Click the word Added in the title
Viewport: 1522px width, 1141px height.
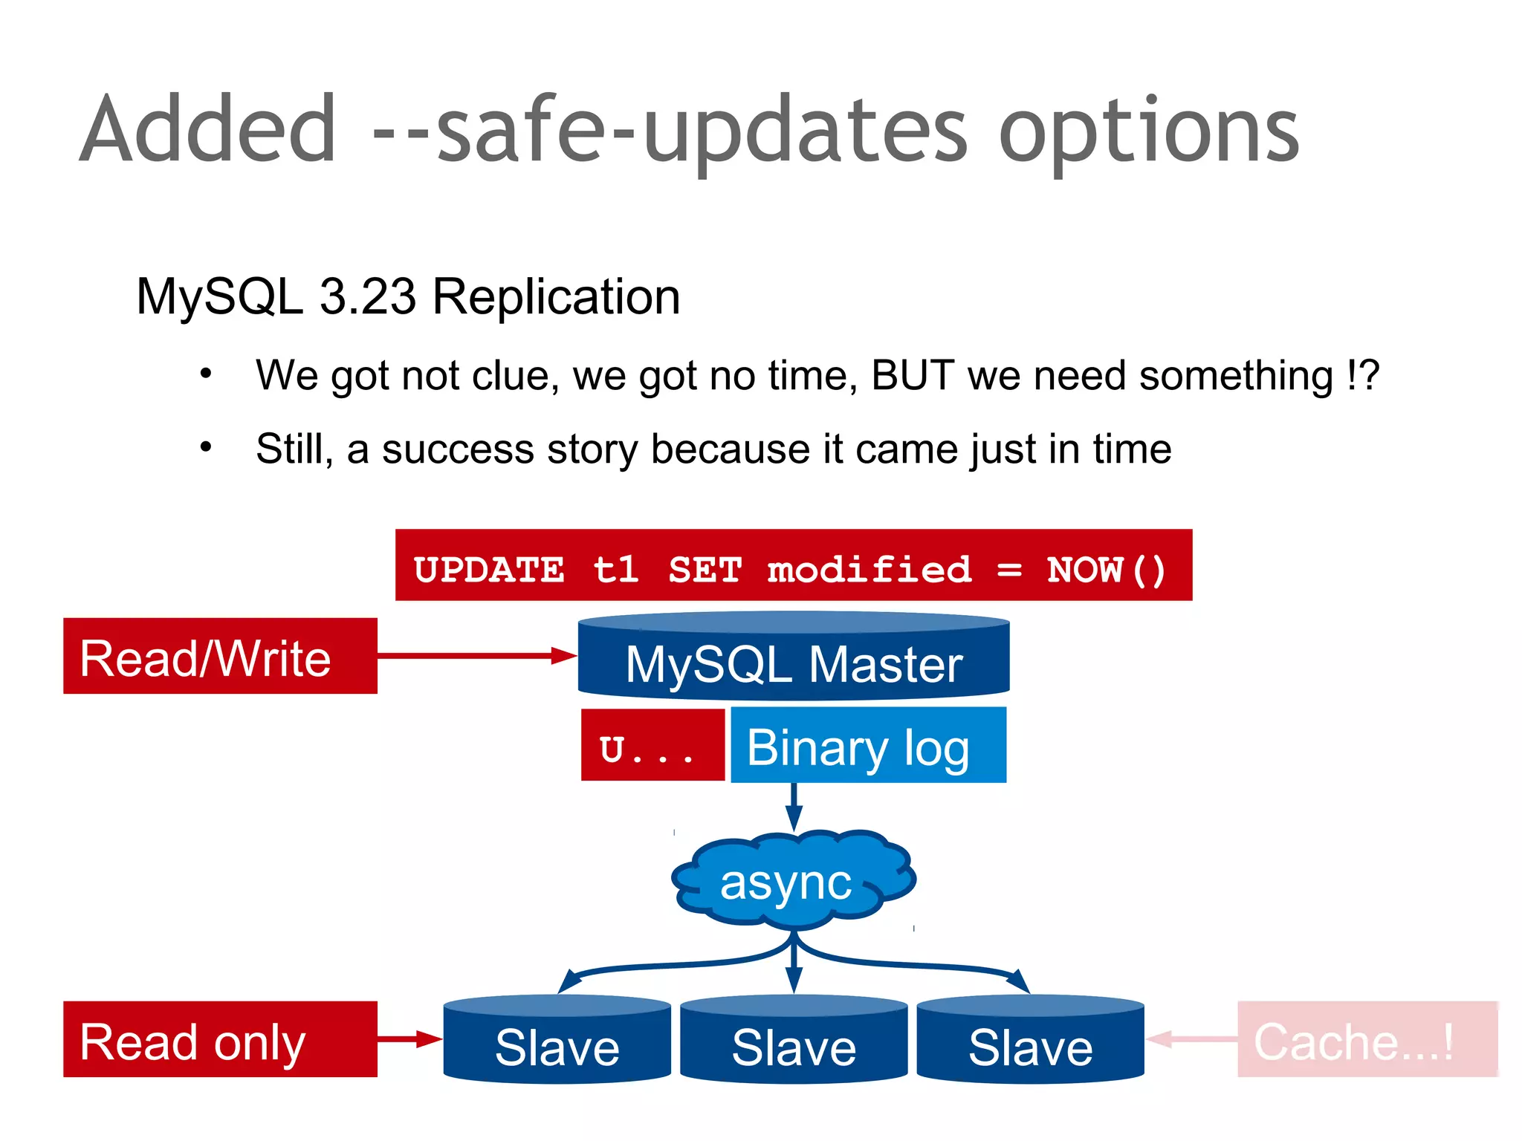tap(208, 130)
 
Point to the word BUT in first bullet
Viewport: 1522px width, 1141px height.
tap(913, 375)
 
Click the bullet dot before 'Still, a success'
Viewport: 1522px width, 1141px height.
tap(206, 447)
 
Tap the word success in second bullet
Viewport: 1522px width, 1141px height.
tap(458, 449)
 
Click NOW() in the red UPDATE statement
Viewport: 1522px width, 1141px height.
tap(1106, 570)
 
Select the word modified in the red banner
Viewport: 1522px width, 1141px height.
tap(869, 570)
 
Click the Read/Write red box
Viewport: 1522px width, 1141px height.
tap(220, 657)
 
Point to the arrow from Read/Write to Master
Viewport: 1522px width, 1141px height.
tap(476, 655)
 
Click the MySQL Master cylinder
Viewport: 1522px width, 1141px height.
tap(794, 658)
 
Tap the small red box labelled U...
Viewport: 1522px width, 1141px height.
tap(652, 745)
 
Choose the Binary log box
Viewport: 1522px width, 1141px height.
tap(868, 745)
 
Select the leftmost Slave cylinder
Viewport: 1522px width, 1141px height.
tap(557, 1040)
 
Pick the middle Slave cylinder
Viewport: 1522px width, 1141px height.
tap(794, 1040)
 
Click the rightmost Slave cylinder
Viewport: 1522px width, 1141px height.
tap(1030, 1040)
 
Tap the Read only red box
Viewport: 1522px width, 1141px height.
tap(220, 1039)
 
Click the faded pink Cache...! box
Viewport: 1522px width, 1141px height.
tap(1366, 1039)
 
